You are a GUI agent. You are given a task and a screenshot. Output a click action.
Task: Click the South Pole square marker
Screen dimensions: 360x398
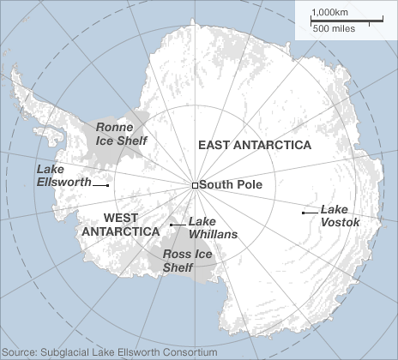(195, 185)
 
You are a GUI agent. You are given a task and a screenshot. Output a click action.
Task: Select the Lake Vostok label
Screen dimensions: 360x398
(340, 215)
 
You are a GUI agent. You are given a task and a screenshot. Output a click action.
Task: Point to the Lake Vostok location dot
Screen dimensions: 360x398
(303, 212)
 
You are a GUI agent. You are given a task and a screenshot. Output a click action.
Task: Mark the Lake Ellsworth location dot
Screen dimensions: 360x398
(107, 184)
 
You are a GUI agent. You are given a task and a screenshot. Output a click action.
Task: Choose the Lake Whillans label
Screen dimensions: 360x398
(212, 226)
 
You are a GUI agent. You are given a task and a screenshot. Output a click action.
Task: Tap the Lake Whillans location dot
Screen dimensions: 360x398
(172, 225)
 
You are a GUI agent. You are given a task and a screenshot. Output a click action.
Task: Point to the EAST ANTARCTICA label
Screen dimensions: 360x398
(255, 145)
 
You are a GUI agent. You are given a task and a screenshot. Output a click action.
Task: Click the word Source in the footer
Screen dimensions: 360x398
(19, 351)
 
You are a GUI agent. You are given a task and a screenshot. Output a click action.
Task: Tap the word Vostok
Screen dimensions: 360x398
(340, 222)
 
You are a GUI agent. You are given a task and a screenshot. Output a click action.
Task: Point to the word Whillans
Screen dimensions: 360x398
(213, 233)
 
